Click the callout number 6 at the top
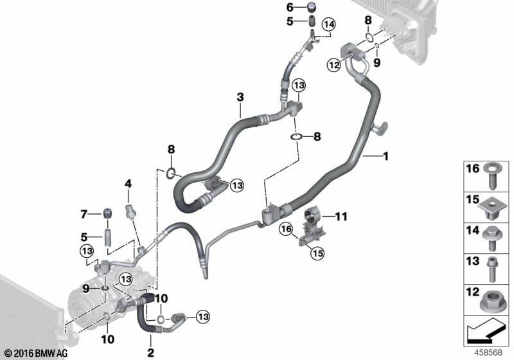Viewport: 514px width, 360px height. (290, 7)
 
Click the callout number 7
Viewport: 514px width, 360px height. (84, 215)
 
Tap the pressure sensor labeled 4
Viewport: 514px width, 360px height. (131, 210)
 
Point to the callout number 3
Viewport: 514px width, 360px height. (240, 97)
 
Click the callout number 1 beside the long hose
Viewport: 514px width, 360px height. (386, 156)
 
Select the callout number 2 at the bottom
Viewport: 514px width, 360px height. (150, 352)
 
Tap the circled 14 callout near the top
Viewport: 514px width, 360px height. (329, 24)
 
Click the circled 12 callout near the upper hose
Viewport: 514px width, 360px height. (334, 65)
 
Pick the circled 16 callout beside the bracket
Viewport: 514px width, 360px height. (286, 229)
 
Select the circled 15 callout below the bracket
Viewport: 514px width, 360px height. (317, 253)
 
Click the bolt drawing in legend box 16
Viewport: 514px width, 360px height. (491, 176)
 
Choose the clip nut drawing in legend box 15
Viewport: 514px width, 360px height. (490, 210)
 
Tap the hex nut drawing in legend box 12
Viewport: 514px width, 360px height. (490, 302)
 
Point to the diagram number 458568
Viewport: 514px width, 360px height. (488, 352)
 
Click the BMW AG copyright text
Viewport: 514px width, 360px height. (37, 354)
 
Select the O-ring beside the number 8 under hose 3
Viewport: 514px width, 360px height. (296, 136)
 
